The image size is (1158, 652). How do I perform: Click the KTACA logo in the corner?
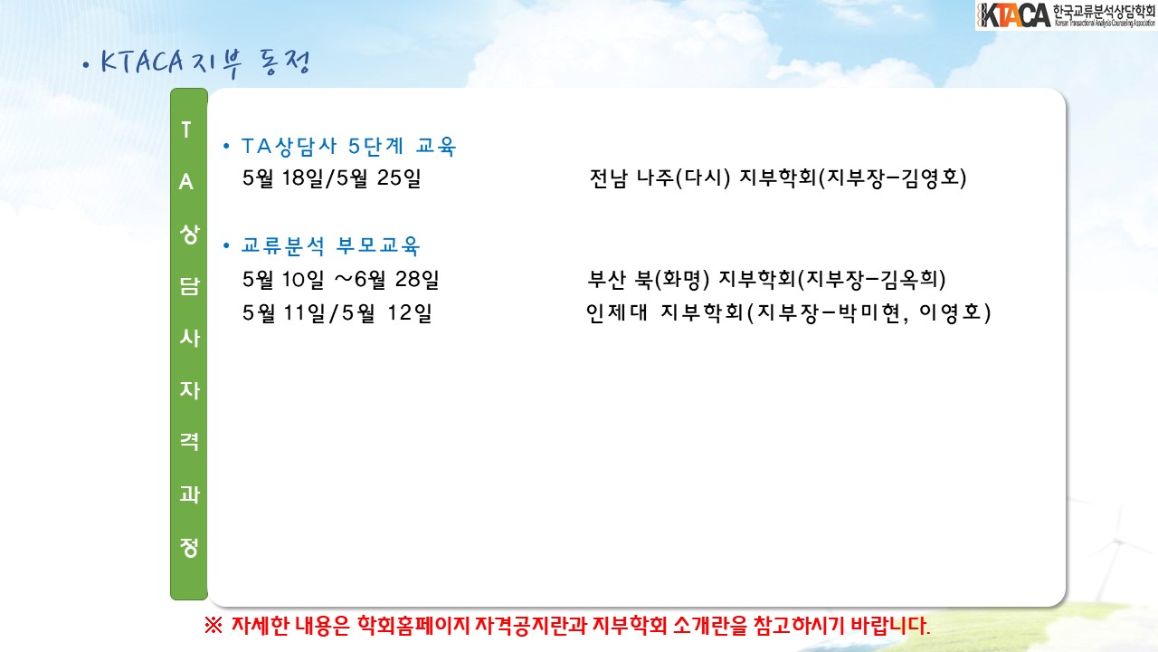(x=1066, y=15)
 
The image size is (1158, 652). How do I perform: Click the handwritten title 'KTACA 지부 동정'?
(x=205, y=63)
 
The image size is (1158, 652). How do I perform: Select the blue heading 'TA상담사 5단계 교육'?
(x=348, y=147)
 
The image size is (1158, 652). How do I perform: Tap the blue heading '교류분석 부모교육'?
(x=331, y=245)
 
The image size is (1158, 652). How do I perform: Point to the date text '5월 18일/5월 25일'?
(x=331, y=178)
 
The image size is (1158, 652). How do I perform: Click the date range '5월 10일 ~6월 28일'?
(x=341, y=280)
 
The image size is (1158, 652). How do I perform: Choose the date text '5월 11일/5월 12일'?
(x=337, y=313)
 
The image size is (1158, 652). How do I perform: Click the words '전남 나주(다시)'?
(x=660, y=178)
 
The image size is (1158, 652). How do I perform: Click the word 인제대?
(x=617, y=313)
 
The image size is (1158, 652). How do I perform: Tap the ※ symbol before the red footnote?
(x=214, y=626)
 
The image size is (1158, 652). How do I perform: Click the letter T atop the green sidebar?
(x=186, y=129)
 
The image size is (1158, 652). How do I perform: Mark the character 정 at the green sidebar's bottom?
(x=189, y=547)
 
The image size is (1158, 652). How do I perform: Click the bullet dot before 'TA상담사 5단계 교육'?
(x=226, y=147)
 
